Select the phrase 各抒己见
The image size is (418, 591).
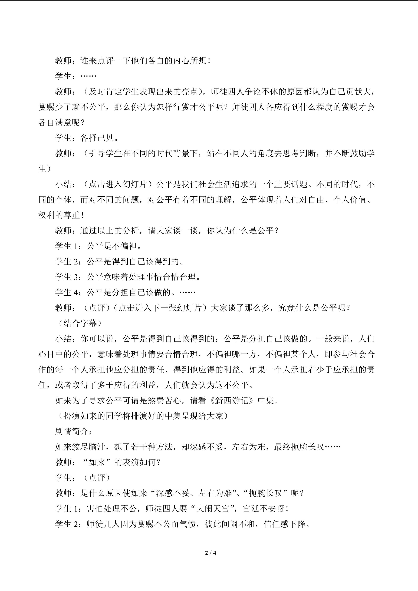97,138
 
